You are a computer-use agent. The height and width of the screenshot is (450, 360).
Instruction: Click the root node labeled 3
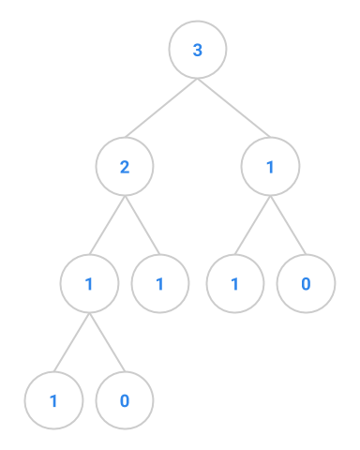click(x=198, y=50)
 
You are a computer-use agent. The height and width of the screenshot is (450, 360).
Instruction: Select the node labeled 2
click(x=125, y=167)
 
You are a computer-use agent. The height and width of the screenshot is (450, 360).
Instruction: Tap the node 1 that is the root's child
click(x=270, y=167)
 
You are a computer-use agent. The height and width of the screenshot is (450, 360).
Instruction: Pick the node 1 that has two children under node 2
click(x=89, y=283)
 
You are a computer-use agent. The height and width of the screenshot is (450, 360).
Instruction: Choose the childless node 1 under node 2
click(x=160, y=283)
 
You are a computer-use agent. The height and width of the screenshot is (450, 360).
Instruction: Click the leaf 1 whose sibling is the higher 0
click(x=234, y=283)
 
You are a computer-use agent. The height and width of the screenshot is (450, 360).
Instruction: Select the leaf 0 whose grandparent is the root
click(x=306, y=283)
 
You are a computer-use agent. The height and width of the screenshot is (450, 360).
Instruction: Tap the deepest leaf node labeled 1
click(x=53, y=400)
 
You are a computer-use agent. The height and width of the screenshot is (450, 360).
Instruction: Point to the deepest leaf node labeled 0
click(x=125, y=400)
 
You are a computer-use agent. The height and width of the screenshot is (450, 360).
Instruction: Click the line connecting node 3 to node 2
click(x=161, y=109)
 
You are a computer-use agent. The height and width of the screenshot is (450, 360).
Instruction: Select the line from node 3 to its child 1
click(x=234, y=109)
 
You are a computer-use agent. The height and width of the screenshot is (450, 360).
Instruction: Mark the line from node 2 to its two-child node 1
click(x=107, y=225)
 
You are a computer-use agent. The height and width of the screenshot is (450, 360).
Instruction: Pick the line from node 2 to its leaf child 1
click(x=142, y=225)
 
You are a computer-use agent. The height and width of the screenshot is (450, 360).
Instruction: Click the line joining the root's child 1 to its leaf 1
click(x=252, y=225)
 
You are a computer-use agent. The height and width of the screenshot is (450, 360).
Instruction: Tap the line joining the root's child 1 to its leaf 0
click(x=288, y=225)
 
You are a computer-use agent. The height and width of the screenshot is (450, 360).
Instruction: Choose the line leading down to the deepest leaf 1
click(x=71, y=342)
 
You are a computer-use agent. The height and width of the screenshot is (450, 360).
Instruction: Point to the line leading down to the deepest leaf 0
click(x=107, y=342)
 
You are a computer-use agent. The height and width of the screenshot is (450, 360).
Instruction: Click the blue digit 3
click(x=198, y=50)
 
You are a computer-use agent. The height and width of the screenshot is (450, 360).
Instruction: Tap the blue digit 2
click(x=125, y=167)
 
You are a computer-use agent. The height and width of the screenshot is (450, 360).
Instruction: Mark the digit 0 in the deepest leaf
click(x=125, y=400)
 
